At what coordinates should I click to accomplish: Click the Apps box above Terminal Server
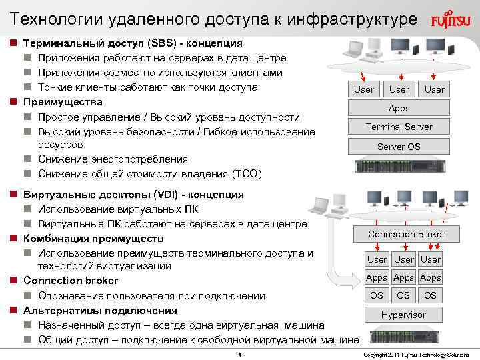pyautogui.click(x=399, y=108)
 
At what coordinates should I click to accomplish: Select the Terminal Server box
pyautogui.click(x=399, y=127)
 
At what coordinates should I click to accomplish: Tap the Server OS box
pyautogui.click(x=399, y=147)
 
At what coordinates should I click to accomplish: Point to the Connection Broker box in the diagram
pyautogui.click(x=406, y=234)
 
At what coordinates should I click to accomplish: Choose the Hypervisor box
pyautogui.click(x=403, y=315)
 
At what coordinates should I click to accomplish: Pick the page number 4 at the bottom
pyautogui.click(x=240, y=354)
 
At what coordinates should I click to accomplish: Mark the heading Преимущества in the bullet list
pyautogui.click(x=63, y=102)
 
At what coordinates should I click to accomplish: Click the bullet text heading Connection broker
pyautogui.click(x=71, y=281)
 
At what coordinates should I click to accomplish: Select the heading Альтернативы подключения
pyautogui.click(x=100, y=311)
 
